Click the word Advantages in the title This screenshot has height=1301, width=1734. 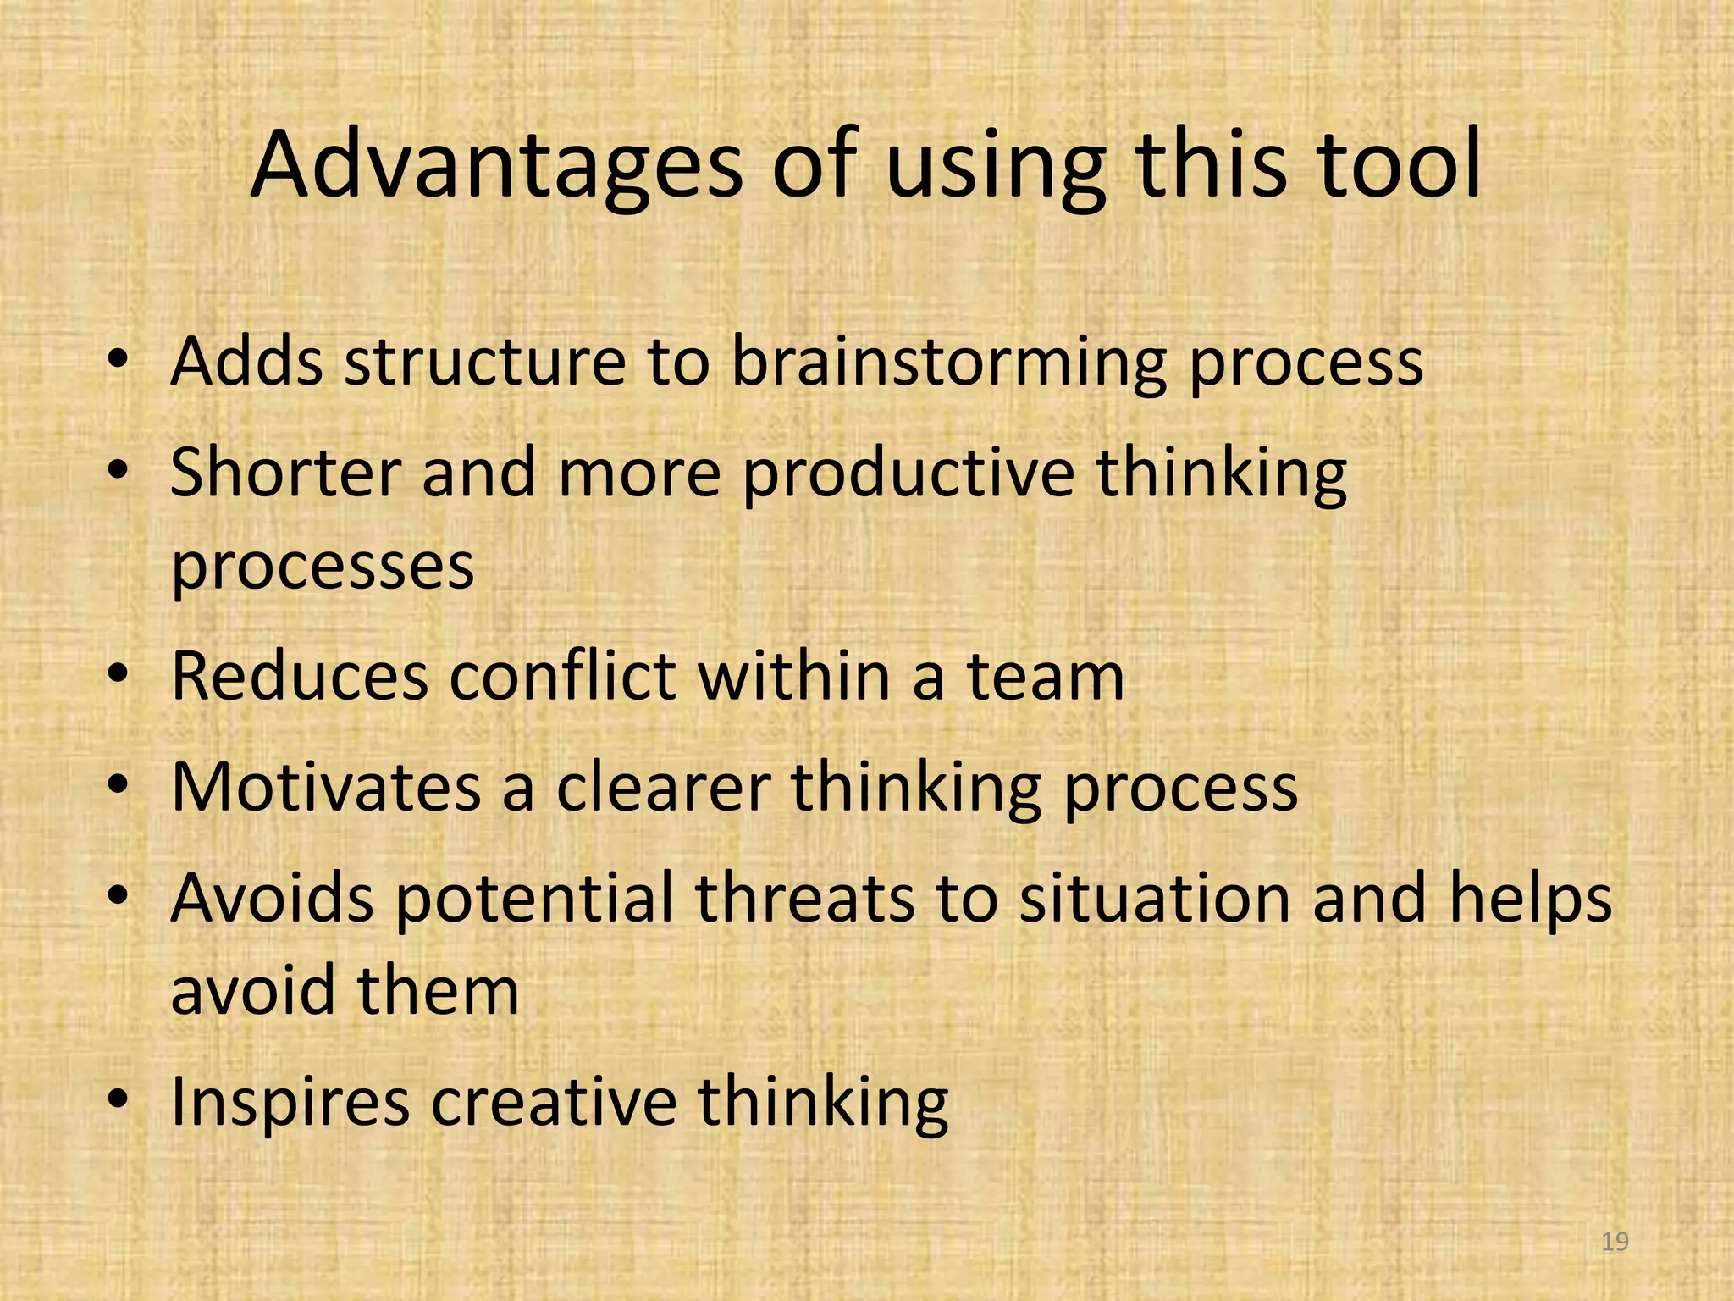click(x=496, y=165)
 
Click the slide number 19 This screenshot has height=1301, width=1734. click(x=1615, y=1242)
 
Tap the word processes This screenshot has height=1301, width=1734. click(x=323, y=567)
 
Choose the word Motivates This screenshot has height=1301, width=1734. click(x=327, y=788)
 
